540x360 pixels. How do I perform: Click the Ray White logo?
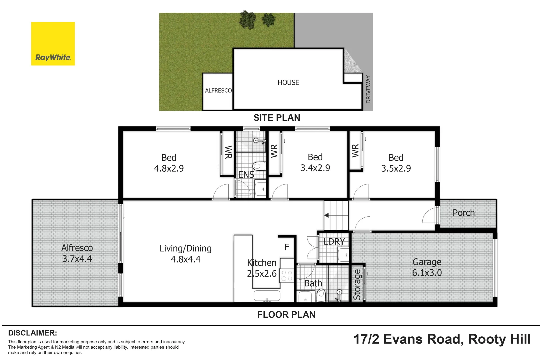[x=53, y=44]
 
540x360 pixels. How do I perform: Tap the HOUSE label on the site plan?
[x=288, y=82]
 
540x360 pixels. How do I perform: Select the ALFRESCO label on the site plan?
[x=218, y=91]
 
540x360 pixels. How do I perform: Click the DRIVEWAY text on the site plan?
[x=368, y=89]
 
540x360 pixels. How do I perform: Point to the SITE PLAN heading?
[x=277, y=118]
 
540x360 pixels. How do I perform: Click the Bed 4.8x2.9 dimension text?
[x=169, y=168]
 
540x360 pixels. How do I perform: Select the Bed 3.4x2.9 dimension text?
[x=315, y=168]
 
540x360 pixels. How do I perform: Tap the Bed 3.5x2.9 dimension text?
[x=396, y=168]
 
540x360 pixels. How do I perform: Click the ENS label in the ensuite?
[x=246, y=175]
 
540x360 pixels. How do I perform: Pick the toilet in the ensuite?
[x=259, y=166]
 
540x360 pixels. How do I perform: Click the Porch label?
[x=463, y=213]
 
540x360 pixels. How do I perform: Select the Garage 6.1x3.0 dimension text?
[x=427, y=273]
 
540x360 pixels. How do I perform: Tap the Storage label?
[x=357, y=284]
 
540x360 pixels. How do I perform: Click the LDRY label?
[x=334, y=241]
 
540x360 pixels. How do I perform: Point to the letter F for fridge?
[x=287, y=247]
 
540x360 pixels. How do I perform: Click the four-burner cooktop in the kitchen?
[x=287, y=275]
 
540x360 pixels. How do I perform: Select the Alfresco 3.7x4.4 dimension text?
[x=77, y=259]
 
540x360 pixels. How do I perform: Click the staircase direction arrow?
[x=327, y=215]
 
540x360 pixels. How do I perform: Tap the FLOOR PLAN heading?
[x=286, y=315]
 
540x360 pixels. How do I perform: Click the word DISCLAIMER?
[x=32, y=333]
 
